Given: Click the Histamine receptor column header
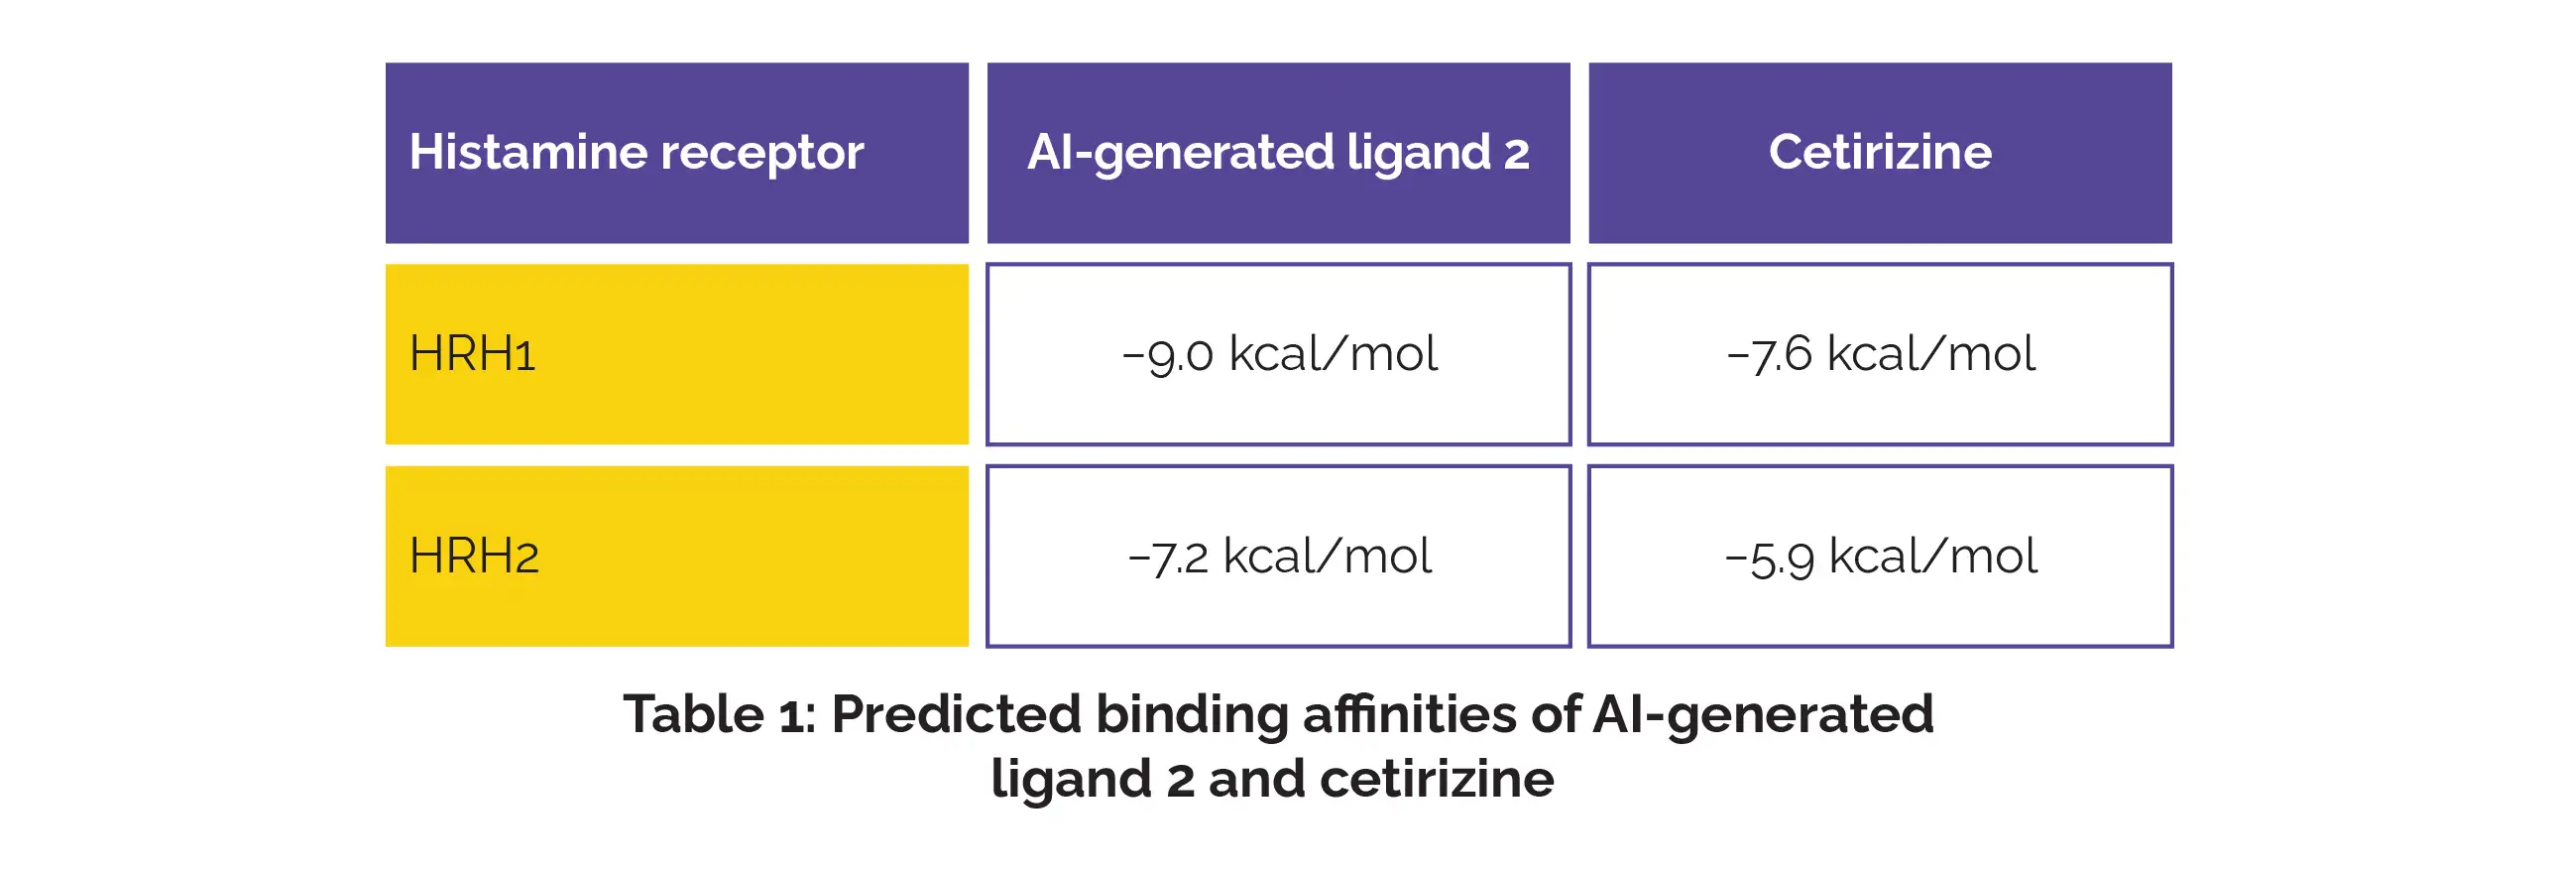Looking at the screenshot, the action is click(x=676, y=153).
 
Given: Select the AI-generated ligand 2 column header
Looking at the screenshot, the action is click(x=1278, y=153).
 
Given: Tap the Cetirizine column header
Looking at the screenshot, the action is click(x=1880, y=153).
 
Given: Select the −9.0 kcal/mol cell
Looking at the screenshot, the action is click(x=1279, y=354).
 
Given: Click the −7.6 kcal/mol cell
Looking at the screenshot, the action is click(x=1881, y=354).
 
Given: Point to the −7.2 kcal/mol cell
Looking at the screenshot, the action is click(x=1279, y=557).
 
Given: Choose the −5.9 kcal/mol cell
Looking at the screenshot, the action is click(x=1881, y=557).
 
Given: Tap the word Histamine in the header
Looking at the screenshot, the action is click(x=528, y=152).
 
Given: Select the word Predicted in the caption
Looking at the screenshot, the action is click(x=956, y=714).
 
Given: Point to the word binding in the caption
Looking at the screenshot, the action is click(x=1192, y=717).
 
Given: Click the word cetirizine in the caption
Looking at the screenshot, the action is click(x=1437, y=779).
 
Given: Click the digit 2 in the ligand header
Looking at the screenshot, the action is click(x=1516, y=154).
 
